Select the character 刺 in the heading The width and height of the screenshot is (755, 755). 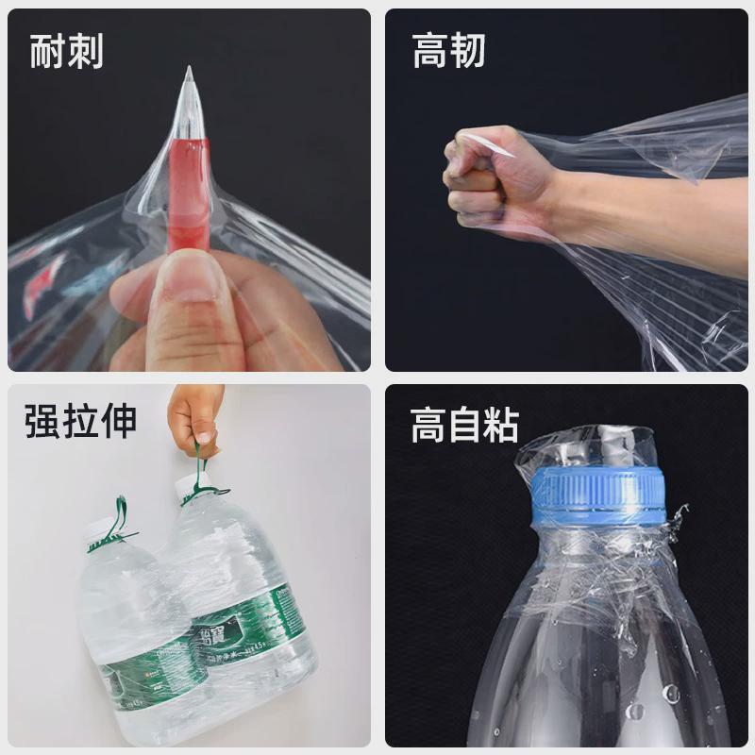85,51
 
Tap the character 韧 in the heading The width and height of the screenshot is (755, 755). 468,51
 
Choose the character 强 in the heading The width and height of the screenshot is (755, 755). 42,421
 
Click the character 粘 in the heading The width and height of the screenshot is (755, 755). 501,425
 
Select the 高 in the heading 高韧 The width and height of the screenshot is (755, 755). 430,51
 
